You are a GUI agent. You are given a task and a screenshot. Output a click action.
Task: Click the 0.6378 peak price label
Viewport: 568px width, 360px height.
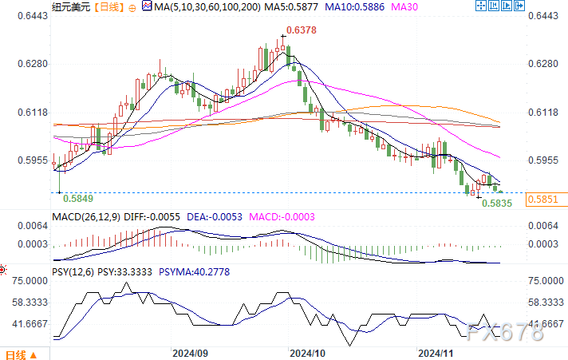(301, 30)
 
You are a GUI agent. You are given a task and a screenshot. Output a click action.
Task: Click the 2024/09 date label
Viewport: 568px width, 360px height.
(190, 353)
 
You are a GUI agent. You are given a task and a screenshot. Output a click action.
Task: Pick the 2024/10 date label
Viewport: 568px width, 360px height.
(307, 353)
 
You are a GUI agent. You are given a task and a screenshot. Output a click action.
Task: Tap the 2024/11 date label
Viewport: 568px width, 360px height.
(436, 353)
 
